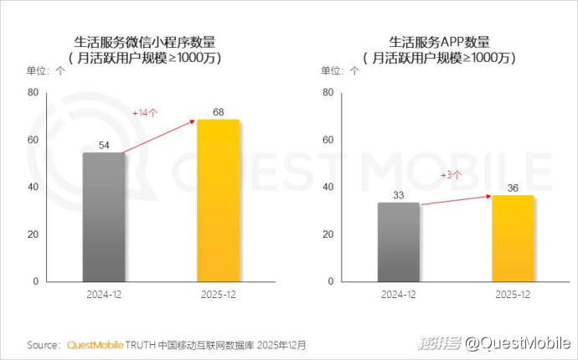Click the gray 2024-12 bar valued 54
(x=104, y=217)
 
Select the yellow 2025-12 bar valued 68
(x=218, y=200)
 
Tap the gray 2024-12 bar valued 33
(x=398, y=242)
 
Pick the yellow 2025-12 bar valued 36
(x=512, y=238)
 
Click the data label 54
(x=105, y=145)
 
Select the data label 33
(x=399, y=195)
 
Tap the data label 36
(x=513, y=188)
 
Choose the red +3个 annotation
(x=452, y=174)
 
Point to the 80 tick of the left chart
(x=33, y=91)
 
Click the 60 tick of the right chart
(x=328, y=139)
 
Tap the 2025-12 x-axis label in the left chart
(x=218, y=295)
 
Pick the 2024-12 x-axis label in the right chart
(x=399, y=295)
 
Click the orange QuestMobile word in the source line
(x=95, y=344)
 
